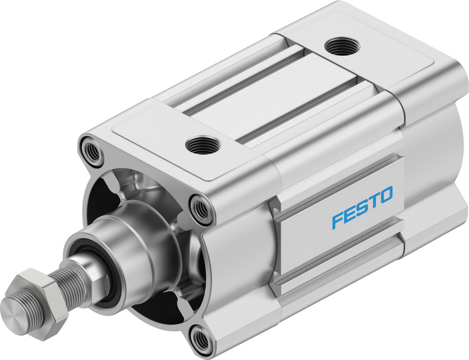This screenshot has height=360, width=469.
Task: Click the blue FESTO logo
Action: click(362, 207)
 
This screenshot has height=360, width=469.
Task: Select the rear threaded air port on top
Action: click(340, 46)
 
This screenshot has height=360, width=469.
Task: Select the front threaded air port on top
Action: click(203, 145)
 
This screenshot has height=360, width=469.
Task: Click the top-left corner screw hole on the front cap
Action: click(91, 150)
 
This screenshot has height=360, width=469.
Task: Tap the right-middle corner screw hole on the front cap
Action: click(201, 209)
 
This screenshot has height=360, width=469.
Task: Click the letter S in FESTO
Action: click(362, 207)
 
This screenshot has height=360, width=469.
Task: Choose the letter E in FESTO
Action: click(349, 214)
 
